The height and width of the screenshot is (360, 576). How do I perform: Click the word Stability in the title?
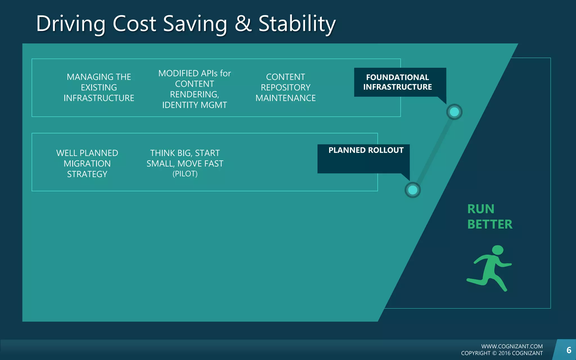click(x=297, y=24)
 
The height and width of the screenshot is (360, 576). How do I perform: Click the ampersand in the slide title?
click(x=243, y=24)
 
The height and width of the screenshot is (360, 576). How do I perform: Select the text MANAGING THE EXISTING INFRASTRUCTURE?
click(x=99, y=87)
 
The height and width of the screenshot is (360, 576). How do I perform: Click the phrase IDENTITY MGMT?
click(x=194, y=105)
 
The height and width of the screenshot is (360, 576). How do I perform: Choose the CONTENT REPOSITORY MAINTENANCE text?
click(x=285, y=87)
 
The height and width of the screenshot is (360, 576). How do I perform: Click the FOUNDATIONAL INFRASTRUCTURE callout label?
click(x=397, y=82)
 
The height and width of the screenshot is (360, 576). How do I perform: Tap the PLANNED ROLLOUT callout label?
click(x=366, y=150)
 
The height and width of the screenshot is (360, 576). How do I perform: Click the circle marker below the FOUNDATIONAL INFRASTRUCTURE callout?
click(x=454, y=112)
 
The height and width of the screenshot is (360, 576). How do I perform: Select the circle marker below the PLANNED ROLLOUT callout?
click(x=413, y=190)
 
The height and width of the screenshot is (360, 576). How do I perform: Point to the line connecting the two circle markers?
click(x=433, y=151)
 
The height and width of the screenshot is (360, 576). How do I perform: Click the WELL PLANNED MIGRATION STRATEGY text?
click(x=87, y=163)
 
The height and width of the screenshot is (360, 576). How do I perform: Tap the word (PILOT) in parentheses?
click(x=185, y=174)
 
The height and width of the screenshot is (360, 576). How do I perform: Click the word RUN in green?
click(x=481, y=209)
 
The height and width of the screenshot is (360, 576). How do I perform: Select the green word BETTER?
click(x=490, y=224)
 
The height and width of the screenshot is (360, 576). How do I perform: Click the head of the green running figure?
click(x=498, y=250)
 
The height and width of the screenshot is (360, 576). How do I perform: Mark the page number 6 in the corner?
click(x=569, y=350)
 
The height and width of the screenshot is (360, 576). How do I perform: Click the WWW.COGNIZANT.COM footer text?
click(x=512, y=346)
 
